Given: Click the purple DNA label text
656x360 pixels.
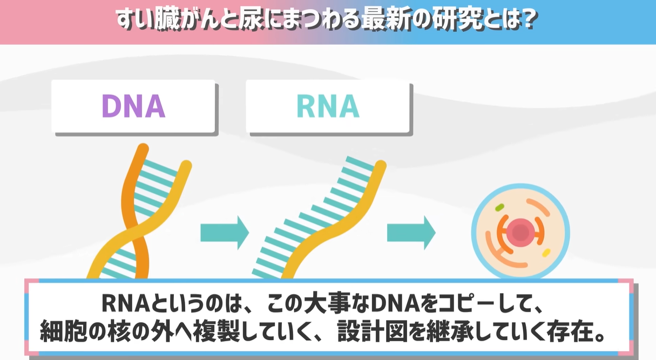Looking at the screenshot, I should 133,106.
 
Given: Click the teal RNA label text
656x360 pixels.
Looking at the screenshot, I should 328,106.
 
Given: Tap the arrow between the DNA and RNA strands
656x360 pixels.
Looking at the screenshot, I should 224,233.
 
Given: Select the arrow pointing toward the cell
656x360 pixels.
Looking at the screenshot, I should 411,233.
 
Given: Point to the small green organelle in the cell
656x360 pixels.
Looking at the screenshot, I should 499,206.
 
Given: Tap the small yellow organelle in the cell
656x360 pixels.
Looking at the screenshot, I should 546,253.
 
